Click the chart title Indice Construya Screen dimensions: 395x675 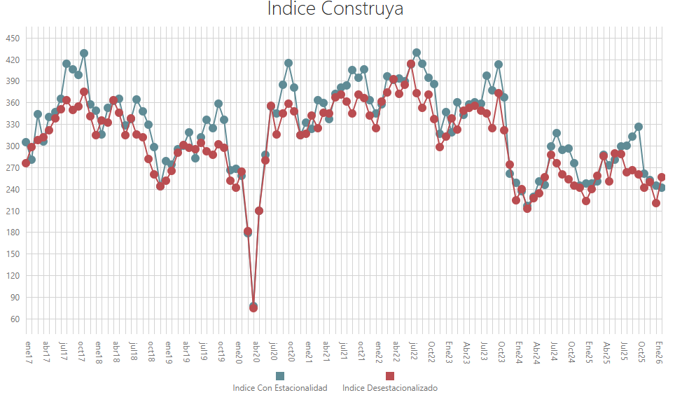pyautogui.click(x=335, y=10)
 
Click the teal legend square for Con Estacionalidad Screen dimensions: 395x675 pyautogui.click(x=280, y=376)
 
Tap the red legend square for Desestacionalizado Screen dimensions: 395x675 pyautogui.click(x=390, y=376)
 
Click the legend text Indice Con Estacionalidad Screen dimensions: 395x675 pyautogui.click(x=280, y=388)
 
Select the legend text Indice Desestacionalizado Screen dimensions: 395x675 pyautogui.click(x=390, y=388)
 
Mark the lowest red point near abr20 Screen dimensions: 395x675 pyautogui.click(x=253, y=307)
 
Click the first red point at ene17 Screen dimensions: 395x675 pyautogui.click(x=26, y=163)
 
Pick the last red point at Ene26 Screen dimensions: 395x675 pyautogui.click(x=662, y=177)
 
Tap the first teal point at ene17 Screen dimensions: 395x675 pyautogui.click(x=26, y=142)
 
